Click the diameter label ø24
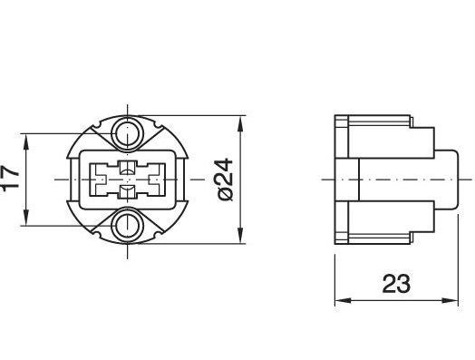click(x=226, y=180)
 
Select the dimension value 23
click(x=396, y=284)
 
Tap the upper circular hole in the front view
click(x=127, y=133)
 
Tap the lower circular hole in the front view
click(x=127, y=226)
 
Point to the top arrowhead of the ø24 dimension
click(x=240, y=123)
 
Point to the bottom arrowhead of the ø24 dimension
click(x=240, y=235)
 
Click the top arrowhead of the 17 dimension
click(x=26, y=141)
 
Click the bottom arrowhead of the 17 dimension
click(x=26, y=218)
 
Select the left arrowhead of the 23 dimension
click(x=343, y=301)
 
